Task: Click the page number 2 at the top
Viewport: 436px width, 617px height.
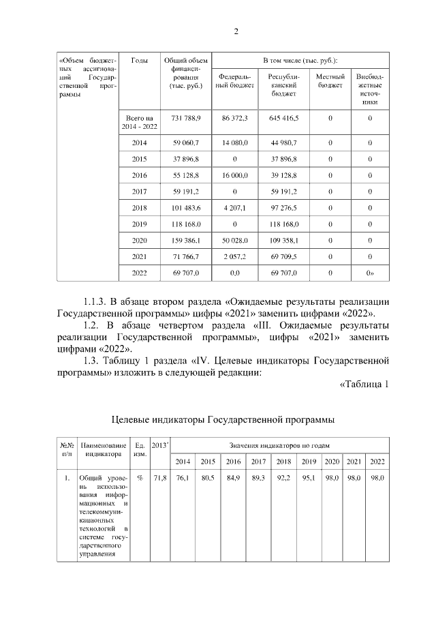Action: (x=236, y=31)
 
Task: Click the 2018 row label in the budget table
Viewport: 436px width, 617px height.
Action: (x=139, y=208)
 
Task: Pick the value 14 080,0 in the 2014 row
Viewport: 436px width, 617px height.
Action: (x=235, y=143)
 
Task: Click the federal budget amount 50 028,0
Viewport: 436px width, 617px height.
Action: (x=235, y=241)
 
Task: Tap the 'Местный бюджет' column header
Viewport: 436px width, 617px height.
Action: (x=330, y=80)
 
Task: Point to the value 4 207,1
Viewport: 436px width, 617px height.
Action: (x=235, y=208)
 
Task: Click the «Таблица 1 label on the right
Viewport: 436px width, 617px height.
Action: (x=363, y=384)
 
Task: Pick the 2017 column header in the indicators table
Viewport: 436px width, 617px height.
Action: (x=258, y=462)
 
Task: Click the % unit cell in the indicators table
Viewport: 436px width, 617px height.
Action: (x=139, y=479)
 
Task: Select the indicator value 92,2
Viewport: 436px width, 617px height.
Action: (x=283, y=479)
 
